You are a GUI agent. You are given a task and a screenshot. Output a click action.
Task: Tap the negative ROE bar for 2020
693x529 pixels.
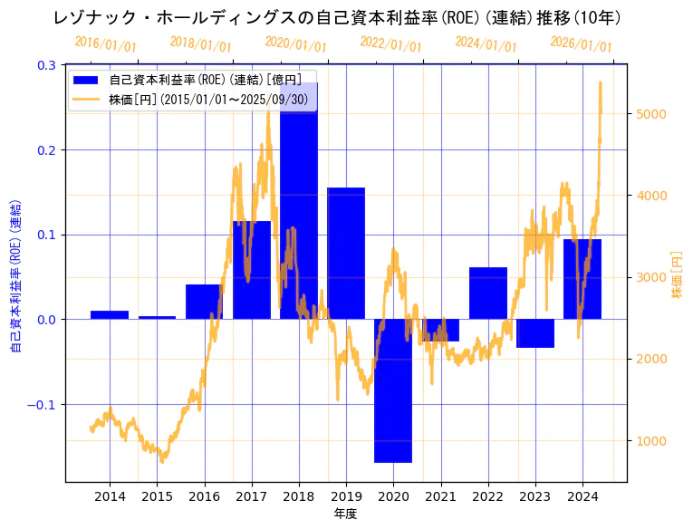393,390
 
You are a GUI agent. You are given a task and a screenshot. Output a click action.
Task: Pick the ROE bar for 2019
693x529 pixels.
346,254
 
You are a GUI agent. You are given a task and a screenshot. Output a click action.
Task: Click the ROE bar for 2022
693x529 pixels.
488,293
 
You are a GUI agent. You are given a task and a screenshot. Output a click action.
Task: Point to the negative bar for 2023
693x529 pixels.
535,333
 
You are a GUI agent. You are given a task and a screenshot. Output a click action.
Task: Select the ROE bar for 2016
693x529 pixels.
205,302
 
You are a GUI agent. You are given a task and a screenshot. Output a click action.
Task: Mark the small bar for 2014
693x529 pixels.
110,314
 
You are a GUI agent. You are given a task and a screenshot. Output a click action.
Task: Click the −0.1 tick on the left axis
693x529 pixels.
42,405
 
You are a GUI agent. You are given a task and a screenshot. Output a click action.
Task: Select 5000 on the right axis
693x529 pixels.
652,114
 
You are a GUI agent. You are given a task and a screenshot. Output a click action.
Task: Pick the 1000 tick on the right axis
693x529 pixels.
652,441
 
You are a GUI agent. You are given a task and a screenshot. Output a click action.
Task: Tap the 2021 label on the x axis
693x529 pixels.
441,496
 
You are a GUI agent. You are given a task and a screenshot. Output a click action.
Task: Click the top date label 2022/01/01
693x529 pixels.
390,44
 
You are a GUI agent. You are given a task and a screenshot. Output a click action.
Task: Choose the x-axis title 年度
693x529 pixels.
346,514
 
